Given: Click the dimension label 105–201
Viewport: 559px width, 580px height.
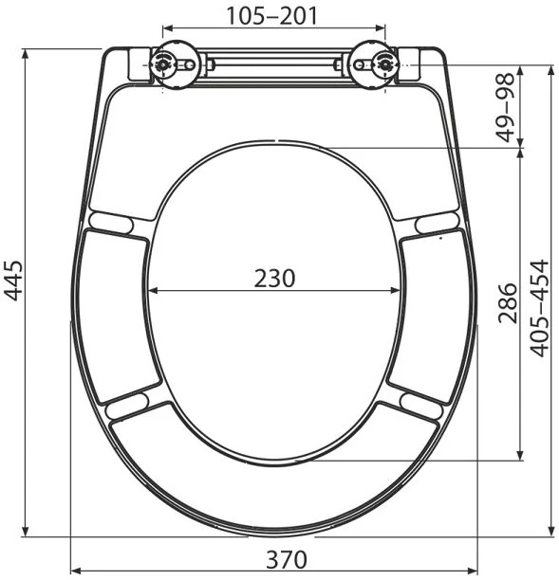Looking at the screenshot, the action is click(x=271, y=16).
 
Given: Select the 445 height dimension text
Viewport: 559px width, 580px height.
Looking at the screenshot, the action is click(x=13, y=281).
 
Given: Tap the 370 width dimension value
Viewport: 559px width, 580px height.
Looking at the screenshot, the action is click(x=287, y=559).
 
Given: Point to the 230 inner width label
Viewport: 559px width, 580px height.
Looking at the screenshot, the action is click(x=274, y=279).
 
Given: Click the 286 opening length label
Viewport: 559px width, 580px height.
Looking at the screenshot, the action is click(x=507, y=303).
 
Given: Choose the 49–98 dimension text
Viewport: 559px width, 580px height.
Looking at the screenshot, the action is click(x=506, y=108).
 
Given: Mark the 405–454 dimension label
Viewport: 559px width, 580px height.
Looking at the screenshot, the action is click(x=539, y=308).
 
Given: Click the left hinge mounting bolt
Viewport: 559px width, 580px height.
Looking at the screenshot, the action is click(x=162, y=65).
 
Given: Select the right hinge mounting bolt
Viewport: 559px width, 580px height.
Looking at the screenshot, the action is click(x=385, y=65).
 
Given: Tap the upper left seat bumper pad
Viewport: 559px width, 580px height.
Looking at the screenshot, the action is click(x=111, y=223).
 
